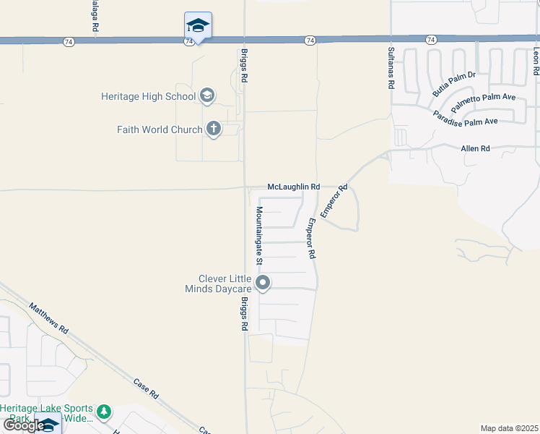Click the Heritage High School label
(x=148, y=96)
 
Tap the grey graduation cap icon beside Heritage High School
(x=207, y=95)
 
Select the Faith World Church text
(x=160, y=129)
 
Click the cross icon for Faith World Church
(x=213, y=129)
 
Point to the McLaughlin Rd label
(x=293, y=187)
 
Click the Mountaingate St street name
(x=259, y=234)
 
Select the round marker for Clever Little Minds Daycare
(x=263, y=283)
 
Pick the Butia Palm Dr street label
(x=454, y=85)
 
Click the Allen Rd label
(x=475, y=148)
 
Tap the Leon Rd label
(x=536, y=62)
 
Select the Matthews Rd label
(x=49, y=318)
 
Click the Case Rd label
(x=146, y=388)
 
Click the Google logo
(x=23, y=425)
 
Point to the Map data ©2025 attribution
(x=509, y=428)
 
